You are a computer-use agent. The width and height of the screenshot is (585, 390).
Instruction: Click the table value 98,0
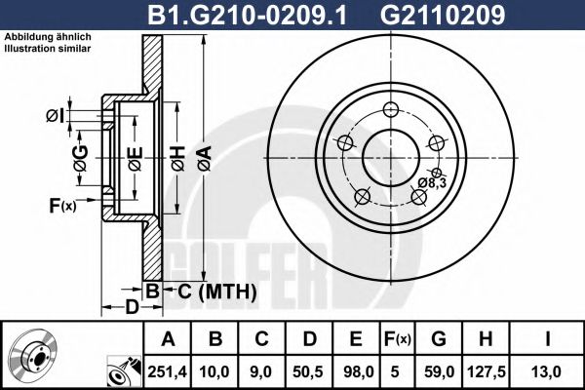(x=356, y=370)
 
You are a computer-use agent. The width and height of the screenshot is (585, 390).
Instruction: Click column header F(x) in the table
(x=398, y=339)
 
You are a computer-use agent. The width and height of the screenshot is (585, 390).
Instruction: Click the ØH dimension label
(x=176, y=156)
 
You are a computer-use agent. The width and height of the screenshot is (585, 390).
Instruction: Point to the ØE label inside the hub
(x=136, y=156)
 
